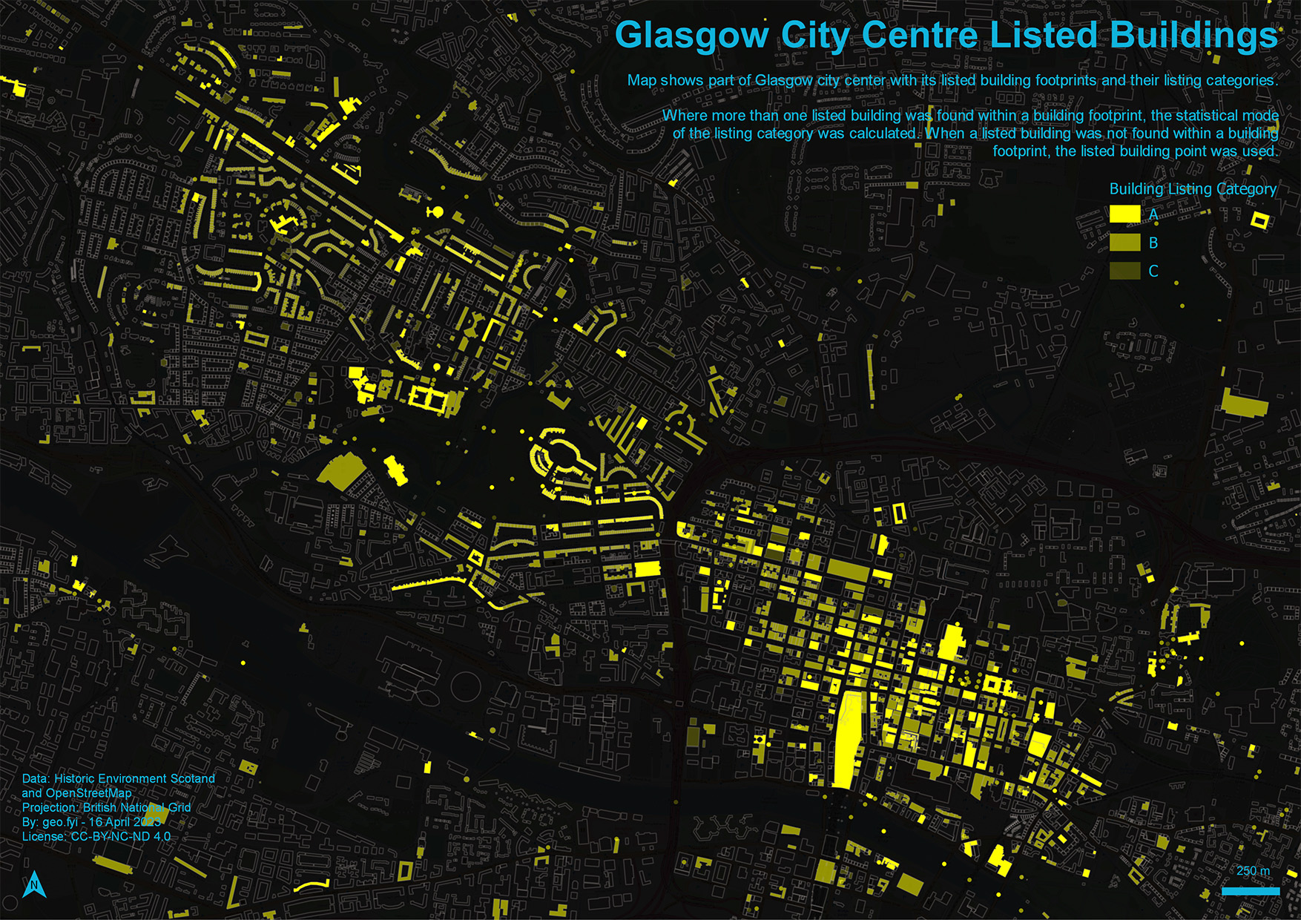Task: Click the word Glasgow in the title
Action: click(691, 36)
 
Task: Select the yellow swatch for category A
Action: click(1124, 214)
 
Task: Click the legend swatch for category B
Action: click(1124, 243)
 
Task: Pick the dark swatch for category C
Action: click(1124, 271)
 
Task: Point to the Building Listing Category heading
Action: click(1193, 189)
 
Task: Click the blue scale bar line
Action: click(1251, 891)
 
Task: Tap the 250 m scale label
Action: click(1253, 871)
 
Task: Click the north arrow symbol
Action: click(34, 884)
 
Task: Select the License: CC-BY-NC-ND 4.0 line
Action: click(96, 836)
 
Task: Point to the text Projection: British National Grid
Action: click(106, 807)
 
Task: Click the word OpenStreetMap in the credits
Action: click(88, 792)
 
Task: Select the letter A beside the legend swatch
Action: click(1153, 214)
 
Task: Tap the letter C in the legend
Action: click(1153, 272)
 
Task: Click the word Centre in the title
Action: click(920, 36)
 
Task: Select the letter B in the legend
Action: click(1153, 243)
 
